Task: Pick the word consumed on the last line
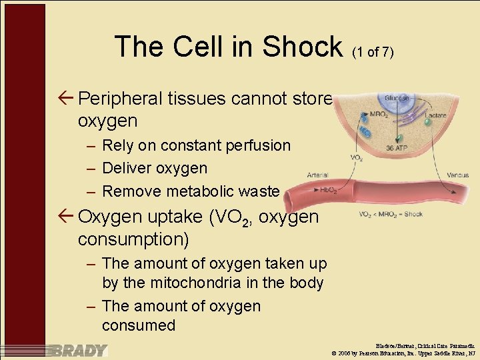[x=139, y=325]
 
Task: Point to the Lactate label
[x=435, y=115]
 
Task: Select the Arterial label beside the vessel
[x=317, y=175]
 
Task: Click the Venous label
[x=458, y=175]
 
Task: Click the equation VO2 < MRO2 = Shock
[x=391, y=215]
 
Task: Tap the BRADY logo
[x=79, y=350]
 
